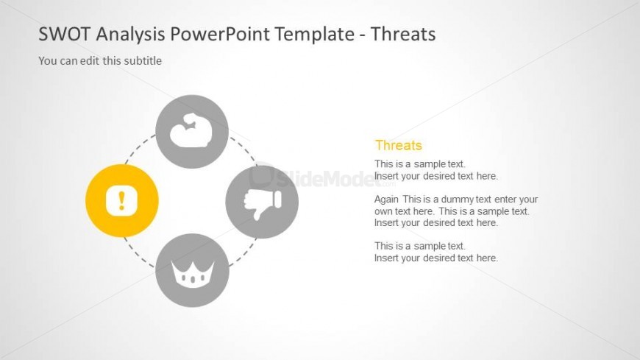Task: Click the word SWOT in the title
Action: coord(64,34)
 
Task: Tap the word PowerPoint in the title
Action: coord(221,34)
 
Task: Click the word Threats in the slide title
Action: coord(403,34)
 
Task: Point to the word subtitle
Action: coord(143,61)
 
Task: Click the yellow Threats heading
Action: coord(399,146)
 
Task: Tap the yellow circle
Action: coord(122,201)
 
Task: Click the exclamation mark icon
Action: coord(121,201)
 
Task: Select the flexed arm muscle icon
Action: coord(191,131)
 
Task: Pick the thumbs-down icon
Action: coord(263,202)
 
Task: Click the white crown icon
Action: coord(193,273)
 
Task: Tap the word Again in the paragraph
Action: coord(386,200)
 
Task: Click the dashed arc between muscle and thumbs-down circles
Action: coord(244,149)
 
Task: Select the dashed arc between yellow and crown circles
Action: coord(138,254)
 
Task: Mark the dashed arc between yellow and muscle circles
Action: coord(139,147)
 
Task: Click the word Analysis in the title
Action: coord(131,35)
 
